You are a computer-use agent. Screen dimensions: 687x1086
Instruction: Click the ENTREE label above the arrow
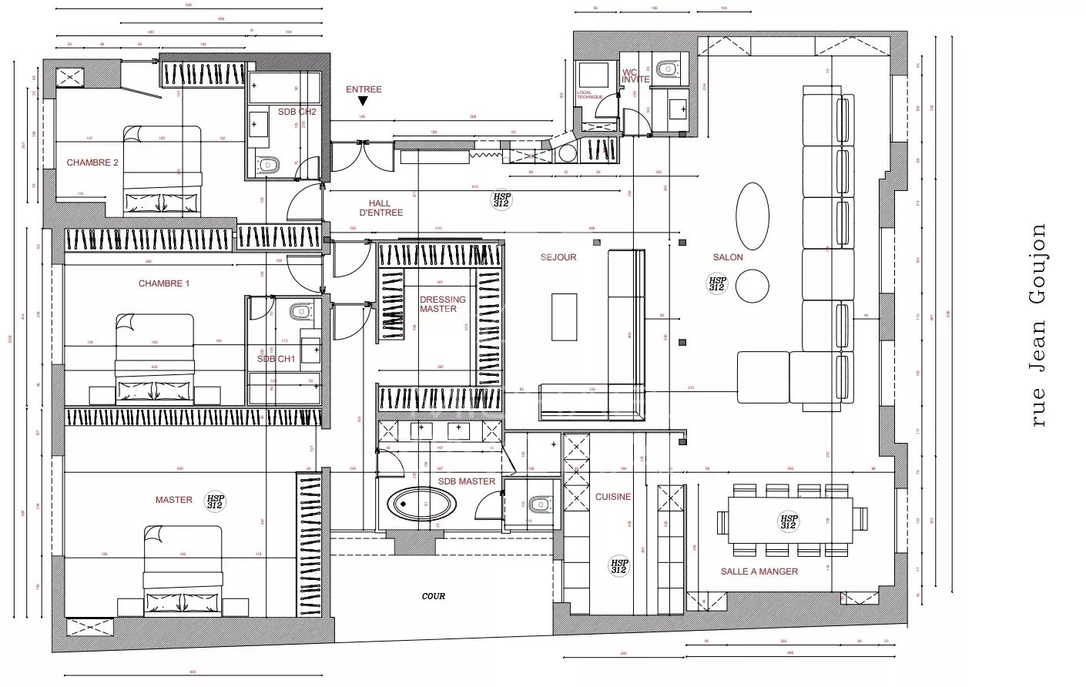coord(364,89)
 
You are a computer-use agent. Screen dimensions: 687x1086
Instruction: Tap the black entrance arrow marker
coord(364,101)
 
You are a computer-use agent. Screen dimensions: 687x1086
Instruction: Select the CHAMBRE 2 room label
coord(92,163)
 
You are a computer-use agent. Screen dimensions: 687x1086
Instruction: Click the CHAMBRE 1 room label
coord(164,283)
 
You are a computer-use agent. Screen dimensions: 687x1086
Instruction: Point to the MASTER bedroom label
coord(174,500)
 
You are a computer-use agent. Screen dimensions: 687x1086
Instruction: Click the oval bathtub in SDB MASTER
coord(424,505)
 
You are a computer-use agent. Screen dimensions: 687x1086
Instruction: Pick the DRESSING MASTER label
coord(443,304)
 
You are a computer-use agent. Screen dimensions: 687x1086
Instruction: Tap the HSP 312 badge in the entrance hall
coord(501,200)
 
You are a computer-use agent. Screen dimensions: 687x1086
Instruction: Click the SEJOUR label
coord(558,257)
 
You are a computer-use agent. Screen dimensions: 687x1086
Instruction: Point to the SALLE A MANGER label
coord(759,571)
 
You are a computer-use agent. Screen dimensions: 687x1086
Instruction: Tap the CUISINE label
coord(613,497)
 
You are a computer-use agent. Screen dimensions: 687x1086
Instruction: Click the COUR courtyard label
coord(434,596)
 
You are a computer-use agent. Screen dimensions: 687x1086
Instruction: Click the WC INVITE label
coord(636,75)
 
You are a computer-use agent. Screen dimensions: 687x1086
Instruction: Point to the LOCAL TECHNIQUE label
coord(591,95)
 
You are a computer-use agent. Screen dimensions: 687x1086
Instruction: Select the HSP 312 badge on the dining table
coord(789,522)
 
